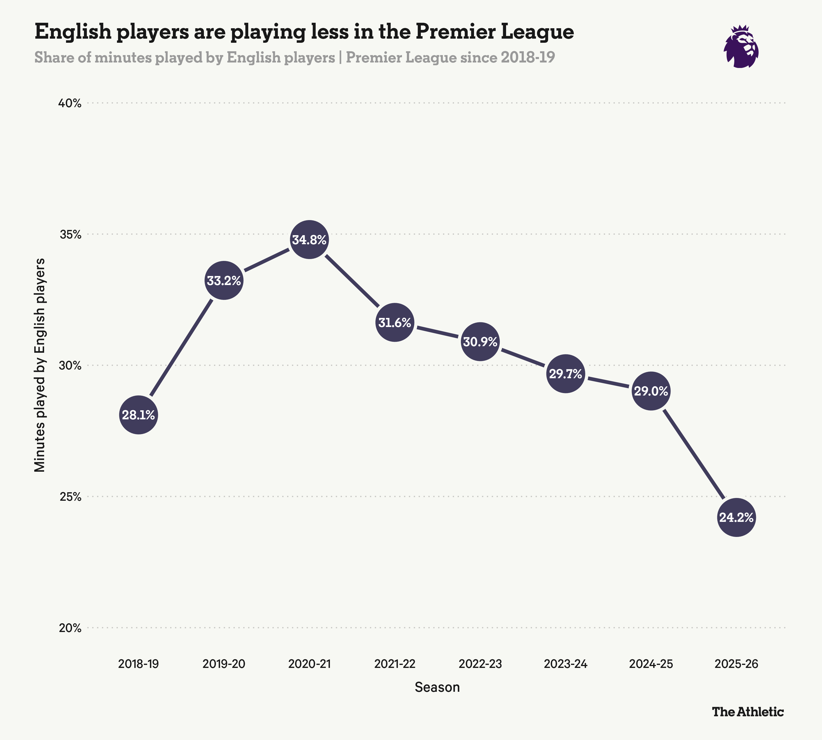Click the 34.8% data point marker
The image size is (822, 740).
pyautogui.click(x=309, y=240)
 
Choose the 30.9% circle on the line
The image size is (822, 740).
pyautogui.click(x=480, y=341)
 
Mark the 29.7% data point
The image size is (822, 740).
pyautogui.click(x=566, y=373)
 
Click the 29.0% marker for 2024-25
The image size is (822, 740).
pyautogui.click(x=651, y=391)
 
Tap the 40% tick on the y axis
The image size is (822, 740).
pyautogui.click(x=70, y=103)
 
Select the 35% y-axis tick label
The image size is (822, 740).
pyautogui.click(x=70, y=235)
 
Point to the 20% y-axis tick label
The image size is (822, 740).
pyautogui.click(x=70, y=628)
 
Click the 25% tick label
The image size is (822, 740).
pyautogui.click(x=70, y=497)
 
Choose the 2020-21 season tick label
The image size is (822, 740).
pyautogui.click(x=309, y=664)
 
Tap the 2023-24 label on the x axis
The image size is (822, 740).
pyautogui.click(x=566, y=664)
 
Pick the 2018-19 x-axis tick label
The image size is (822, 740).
pyautogui.click(x=139, y=664)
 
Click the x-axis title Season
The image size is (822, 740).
pyautogui.click(x=437, y=687)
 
